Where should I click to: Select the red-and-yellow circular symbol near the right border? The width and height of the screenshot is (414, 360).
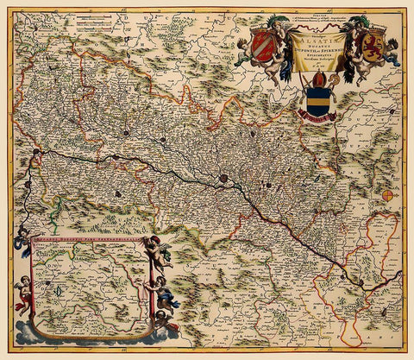388,195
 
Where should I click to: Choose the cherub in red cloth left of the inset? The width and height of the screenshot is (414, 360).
23,294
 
